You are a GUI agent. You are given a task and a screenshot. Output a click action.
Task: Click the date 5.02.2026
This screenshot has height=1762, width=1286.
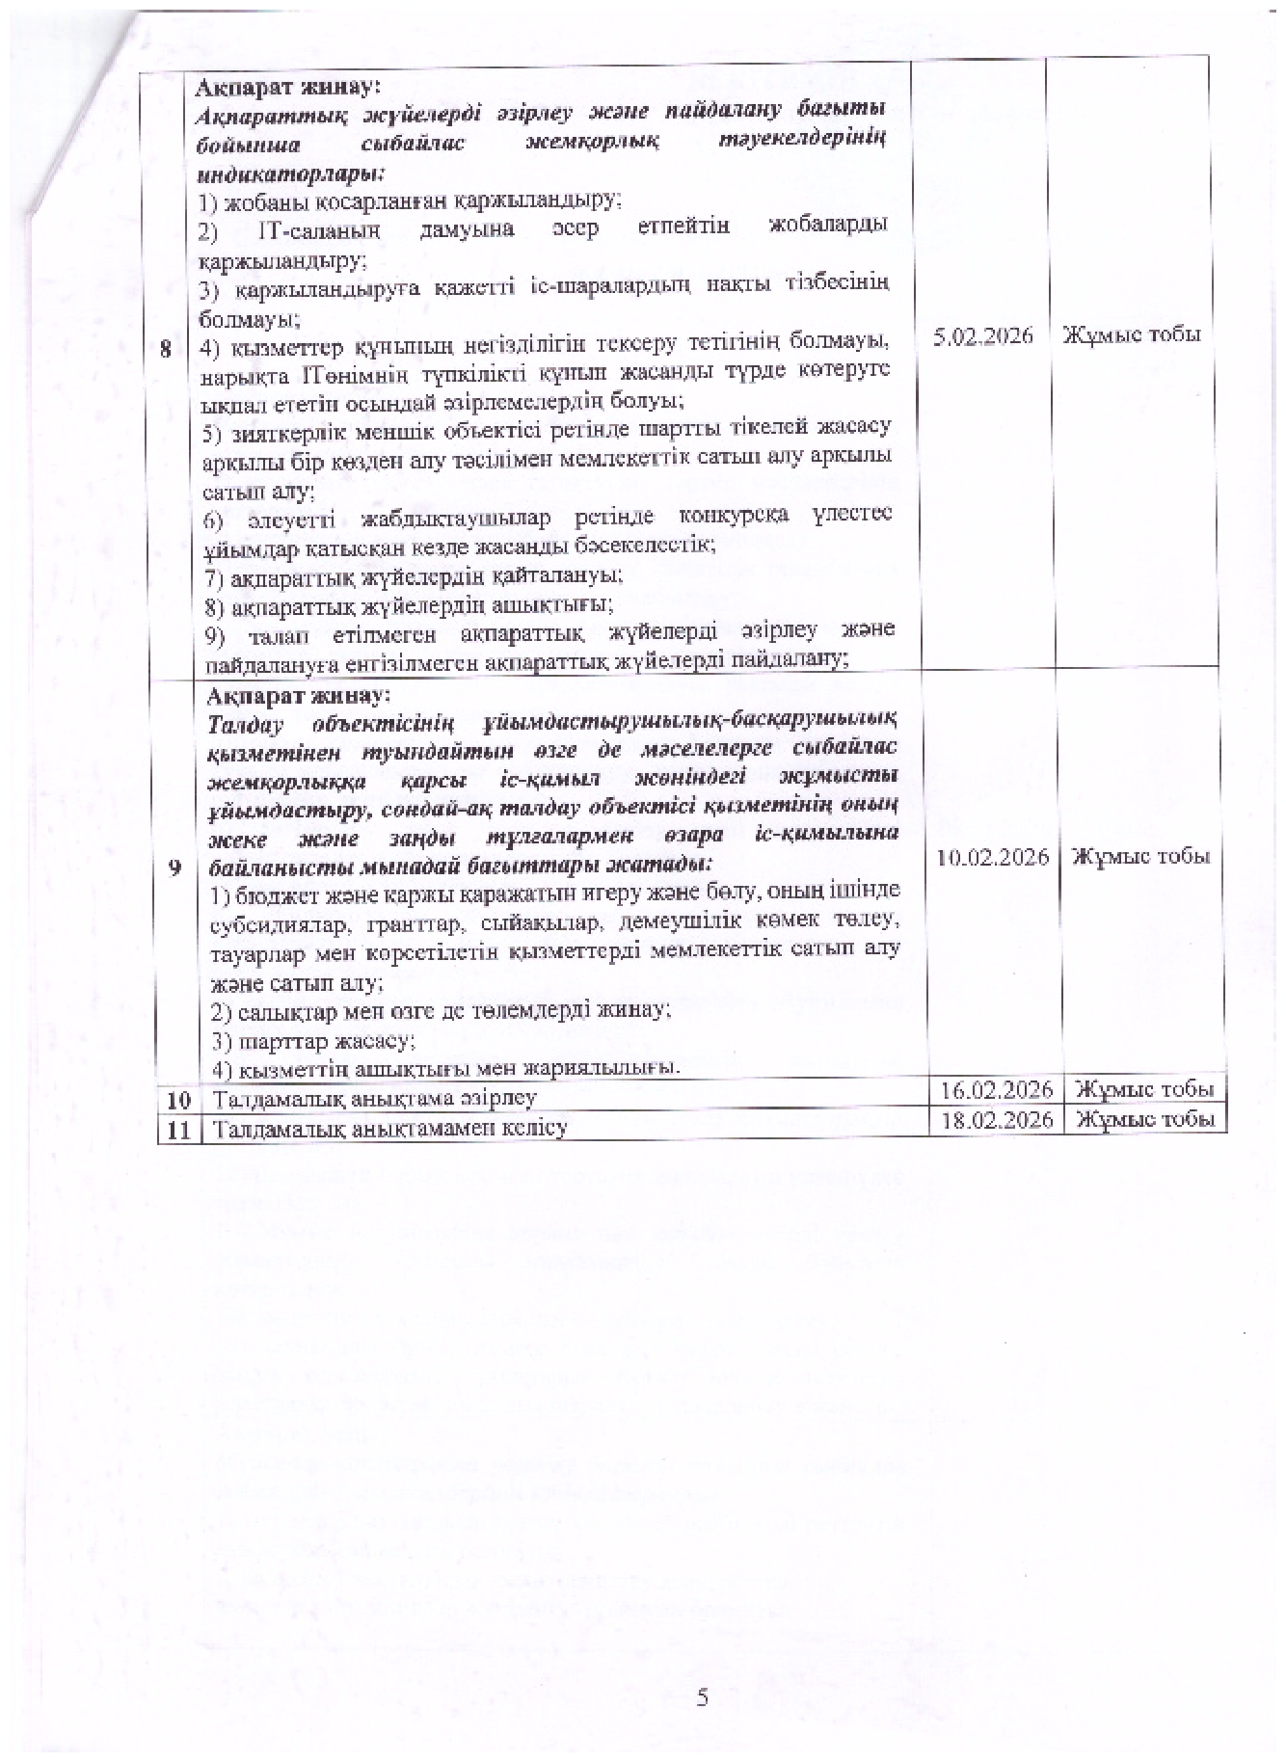pyautogui.click(x=984, y=335)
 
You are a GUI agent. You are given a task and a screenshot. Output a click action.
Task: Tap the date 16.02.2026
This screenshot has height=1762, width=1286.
pyautogui.click(x=996, y=1089)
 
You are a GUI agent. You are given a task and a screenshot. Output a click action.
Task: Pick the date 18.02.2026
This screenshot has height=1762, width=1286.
pyautogui.click(x=996, y=1119)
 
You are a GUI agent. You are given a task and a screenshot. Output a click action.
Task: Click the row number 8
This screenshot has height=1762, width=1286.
pyautogui.click(x=168, y=351)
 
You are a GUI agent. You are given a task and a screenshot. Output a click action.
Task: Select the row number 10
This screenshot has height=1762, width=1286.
pyautogui.click(x=178, y=1099)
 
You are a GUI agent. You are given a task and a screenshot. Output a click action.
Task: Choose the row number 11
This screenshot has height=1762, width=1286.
pyautogui.click(x=178, y=1128)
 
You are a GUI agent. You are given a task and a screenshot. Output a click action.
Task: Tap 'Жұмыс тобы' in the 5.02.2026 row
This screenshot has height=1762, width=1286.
pyautogui.click(x=1132, y=335)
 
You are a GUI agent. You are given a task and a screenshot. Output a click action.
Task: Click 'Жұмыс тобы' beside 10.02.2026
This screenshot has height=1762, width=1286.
pyautogui.click(x=1141, y=856)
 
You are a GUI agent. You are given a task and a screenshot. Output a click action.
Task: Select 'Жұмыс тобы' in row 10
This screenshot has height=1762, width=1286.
pyautogui.click(x=1143, y=1089)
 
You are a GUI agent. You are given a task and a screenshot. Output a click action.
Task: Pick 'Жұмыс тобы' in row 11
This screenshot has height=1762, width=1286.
pyautogui.click(x=1143, y=1119)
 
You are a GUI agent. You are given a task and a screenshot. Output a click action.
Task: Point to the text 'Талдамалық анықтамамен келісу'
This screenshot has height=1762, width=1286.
pyautogui.click(x=389, y=1127)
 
